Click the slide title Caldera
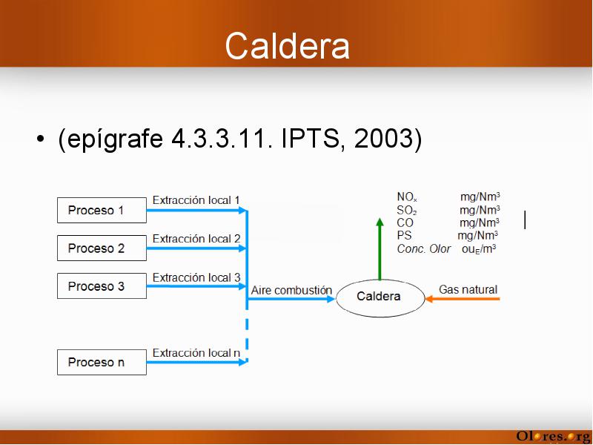(287, 46)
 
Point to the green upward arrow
(380, 248)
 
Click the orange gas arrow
(462, 299)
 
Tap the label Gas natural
(468, 289)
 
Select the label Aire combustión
(291, 290)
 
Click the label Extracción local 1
(196, 200)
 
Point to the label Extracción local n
(196, 353)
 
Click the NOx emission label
(407, 197)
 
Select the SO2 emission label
(407, 210)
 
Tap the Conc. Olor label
(423, 248)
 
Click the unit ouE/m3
(479, 249)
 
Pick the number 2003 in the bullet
(384, 138)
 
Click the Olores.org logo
(554, 436)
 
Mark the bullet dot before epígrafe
(40, 139)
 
